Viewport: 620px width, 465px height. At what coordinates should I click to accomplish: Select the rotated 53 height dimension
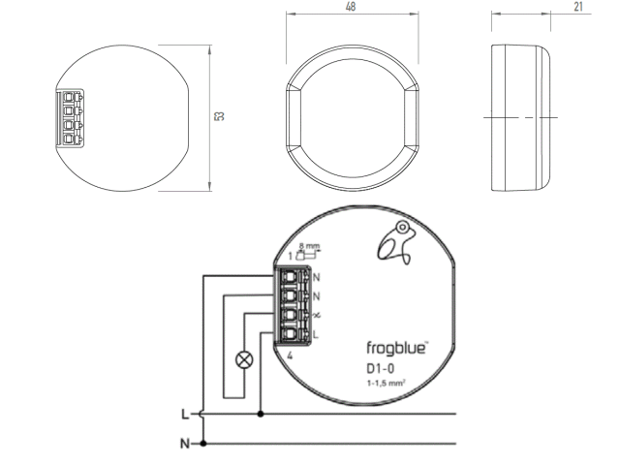(221, 116)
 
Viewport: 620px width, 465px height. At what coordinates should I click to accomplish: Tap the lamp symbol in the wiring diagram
(243, 360)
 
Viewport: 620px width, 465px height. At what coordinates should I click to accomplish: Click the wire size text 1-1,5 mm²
(385, 386)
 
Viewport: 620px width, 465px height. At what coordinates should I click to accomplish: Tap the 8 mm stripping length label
(310, 247)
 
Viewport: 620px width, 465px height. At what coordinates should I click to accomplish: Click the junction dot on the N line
(201, 444)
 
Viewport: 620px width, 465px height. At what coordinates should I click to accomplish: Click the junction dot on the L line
(260, 414)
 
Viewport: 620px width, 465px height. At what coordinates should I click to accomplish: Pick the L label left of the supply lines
(185, 414)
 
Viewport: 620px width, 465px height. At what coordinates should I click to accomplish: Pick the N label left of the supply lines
(185, 444)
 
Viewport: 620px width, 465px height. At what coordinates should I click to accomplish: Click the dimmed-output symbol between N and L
(316, 315)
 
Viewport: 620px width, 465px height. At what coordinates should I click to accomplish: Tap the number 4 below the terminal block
(290, 356)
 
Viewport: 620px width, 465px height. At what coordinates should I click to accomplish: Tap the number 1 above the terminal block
(290, 256)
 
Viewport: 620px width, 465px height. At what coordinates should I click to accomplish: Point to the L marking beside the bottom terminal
(316, 334)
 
